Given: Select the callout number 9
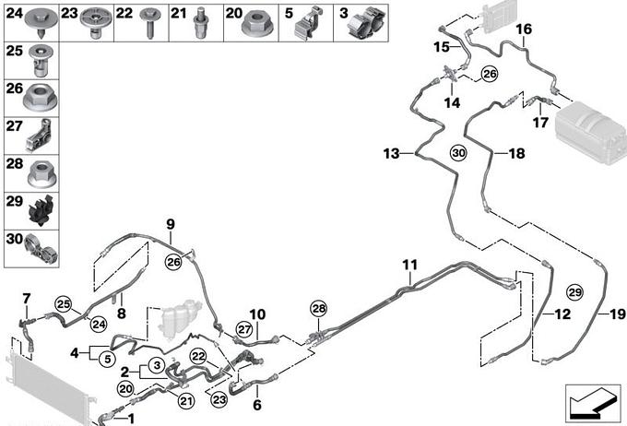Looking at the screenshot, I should click(x=170, y=224).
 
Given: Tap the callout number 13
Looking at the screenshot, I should click(x=393, y=152).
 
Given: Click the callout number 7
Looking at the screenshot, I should click(x=26, y=297).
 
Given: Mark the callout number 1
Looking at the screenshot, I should click(x=130, y=419).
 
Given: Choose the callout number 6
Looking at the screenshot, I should click(x=256, y=404).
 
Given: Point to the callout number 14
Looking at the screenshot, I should click(x=452, y=103).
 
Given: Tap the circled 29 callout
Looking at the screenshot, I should click(x=575, y=291).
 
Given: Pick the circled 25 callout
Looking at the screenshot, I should click(x=63, y=304).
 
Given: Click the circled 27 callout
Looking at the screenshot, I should click(x=244, y=329).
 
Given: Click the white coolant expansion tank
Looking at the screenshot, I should click(x=178, y=318).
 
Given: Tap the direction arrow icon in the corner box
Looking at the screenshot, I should click(x=590, y=402).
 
